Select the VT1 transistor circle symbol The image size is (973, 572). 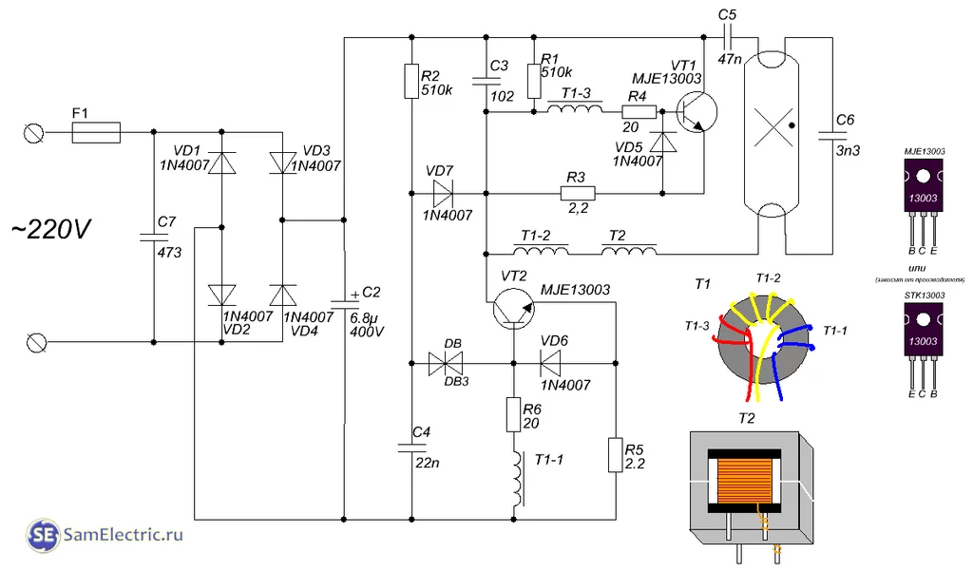697,110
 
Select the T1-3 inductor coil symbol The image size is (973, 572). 574,111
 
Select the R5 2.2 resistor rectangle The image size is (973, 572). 616,455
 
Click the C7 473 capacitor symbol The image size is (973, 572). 153,236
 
